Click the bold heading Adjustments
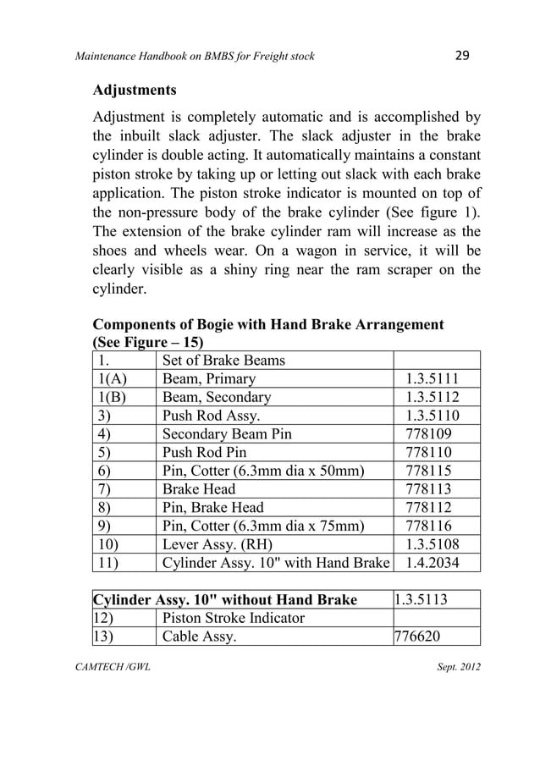135,89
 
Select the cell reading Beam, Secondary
217,397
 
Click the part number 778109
428,433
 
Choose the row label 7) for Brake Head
106,489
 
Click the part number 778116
428,526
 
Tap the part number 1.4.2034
433,562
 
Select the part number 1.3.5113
422,600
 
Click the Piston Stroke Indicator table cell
233,618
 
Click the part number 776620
418,636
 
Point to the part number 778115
428,471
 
